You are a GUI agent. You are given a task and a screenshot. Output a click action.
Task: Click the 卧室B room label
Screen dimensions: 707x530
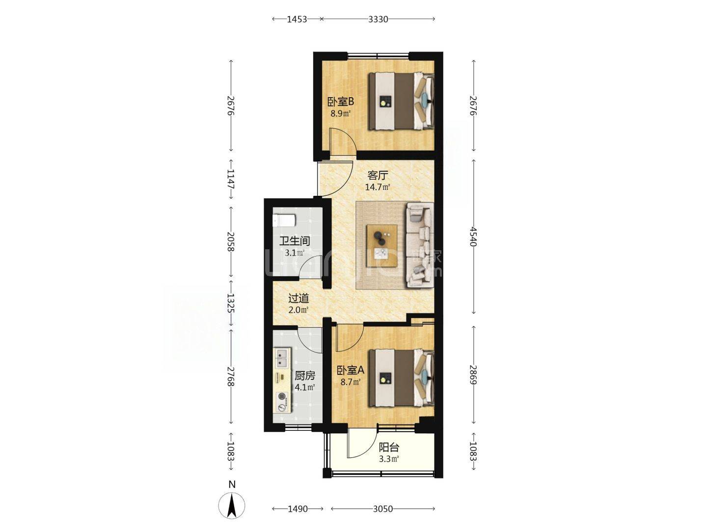pyautogui.click(x=340, y=102)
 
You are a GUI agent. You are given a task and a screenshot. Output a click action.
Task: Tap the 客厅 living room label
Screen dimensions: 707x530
pyautogui.click(x=378, y=175)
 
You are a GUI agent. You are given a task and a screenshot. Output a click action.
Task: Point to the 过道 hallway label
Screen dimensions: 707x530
pyautogui.click(x=299, y=298)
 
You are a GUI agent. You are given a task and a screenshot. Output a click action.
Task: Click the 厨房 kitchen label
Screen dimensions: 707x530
pyautogui.click(x=305, y=375)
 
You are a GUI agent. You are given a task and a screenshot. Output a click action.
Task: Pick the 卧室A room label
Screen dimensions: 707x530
pyautogui.click(x=351, y=371)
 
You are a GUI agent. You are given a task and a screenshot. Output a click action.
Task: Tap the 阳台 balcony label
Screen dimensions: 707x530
pyautogui.click(x=389, y=447)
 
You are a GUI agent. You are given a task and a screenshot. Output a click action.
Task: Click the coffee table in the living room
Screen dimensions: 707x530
pyautogui.click(x=382, y=245)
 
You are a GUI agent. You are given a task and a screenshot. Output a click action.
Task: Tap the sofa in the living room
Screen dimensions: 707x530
pyautogui.click(x=419, y=244)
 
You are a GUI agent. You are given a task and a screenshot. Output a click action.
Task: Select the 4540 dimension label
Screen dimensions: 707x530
pyautogui.click(x=473, y=237)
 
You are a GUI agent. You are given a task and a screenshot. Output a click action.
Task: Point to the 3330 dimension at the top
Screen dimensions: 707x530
pyautogui.click(x=378, y=19)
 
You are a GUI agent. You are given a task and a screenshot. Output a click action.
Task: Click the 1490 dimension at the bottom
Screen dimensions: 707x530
pyautogui.click(x=298, y=509)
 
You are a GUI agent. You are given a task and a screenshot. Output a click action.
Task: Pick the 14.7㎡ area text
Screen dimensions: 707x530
pyautogui.click(x=378, y=187)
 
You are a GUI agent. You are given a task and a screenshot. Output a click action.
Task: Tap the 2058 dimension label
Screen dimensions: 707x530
pyautogui.click(x=231, y=241)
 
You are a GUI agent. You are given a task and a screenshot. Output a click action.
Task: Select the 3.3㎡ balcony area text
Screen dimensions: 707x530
pyautogui.click(x=389, y=459)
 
